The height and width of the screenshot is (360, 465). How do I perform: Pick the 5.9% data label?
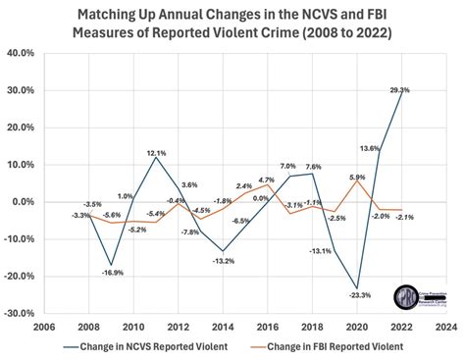[356, 177]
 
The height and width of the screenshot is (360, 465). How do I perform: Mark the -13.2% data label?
[224, 260]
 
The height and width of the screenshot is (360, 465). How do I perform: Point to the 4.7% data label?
[266, 180]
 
